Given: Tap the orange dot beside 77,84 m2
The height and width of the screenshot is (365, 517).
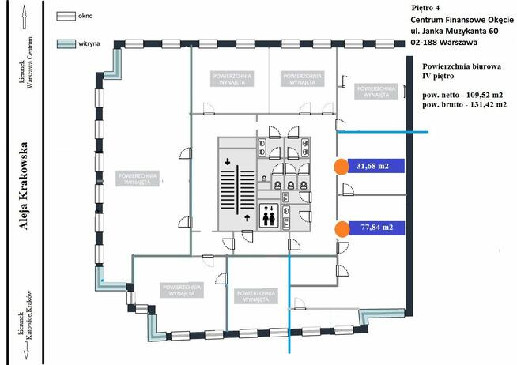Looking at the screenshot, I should coord(342,229).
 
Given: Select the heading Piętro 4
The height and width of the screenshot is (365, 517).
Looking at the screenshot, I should coord(427,7).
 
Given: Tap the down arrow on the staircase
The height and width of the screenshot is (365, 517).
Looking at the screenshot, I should coord(228,162).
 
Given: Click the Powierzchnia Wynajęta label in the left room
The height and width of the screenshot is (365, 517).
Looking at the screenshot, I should coord(140,178).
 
